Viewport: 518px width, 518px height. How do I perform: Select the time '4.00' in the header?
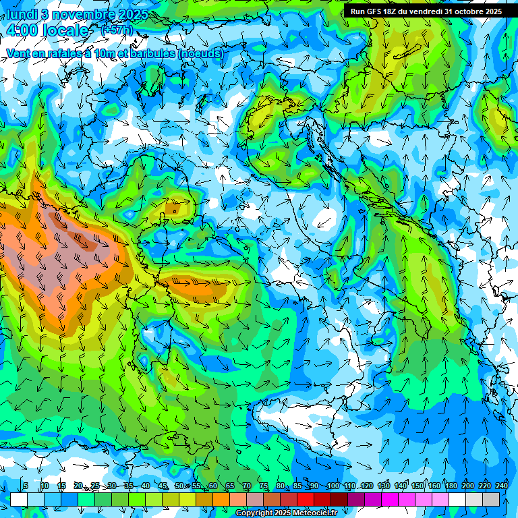20,30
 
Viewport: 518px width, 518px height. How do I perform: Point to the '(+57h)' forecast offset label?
117,30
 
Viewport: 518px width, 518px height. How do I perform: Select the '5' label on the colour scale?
26,486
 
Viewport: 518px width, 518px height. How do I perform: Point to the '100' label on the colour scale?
333,486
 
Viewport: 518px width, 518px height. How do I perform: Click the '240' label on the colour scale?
502,486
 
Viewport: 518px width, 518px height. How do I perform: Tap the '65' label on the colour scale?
230,486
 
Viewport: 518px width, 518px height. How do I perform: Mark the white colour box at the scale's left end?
19,499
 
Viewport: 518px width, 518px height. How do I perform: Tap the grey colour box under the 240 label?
491,499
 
